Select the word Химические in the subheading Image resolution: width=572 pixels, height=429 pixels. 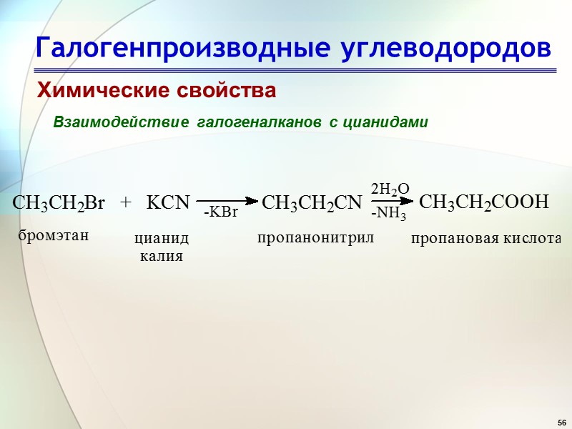[x=97, y=91]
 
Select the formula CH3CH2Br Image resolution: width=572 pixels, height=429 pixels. [x=59, y=203]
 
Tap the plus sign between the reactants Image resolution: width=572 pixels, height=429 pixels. [x=127, y=202]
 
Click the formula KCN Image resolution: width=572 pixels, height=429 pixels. [x=168, y=203]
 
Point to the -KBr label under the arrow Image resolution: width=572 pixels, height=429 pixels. [x=220, y=213]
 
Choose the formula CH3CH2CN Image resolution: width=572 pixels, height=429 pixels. [x=312, y=203]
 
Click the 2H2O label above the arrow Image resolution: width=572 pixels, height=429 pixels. [x=390, y=189]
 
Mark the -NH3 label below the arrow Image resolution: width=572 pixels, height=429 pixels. [x=389, y=213]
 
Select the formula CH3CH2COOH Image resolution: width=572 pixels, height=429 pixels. [x=483, y=202]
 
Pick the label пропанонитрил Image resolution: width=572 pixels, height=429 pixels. [x=315, y=237]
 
